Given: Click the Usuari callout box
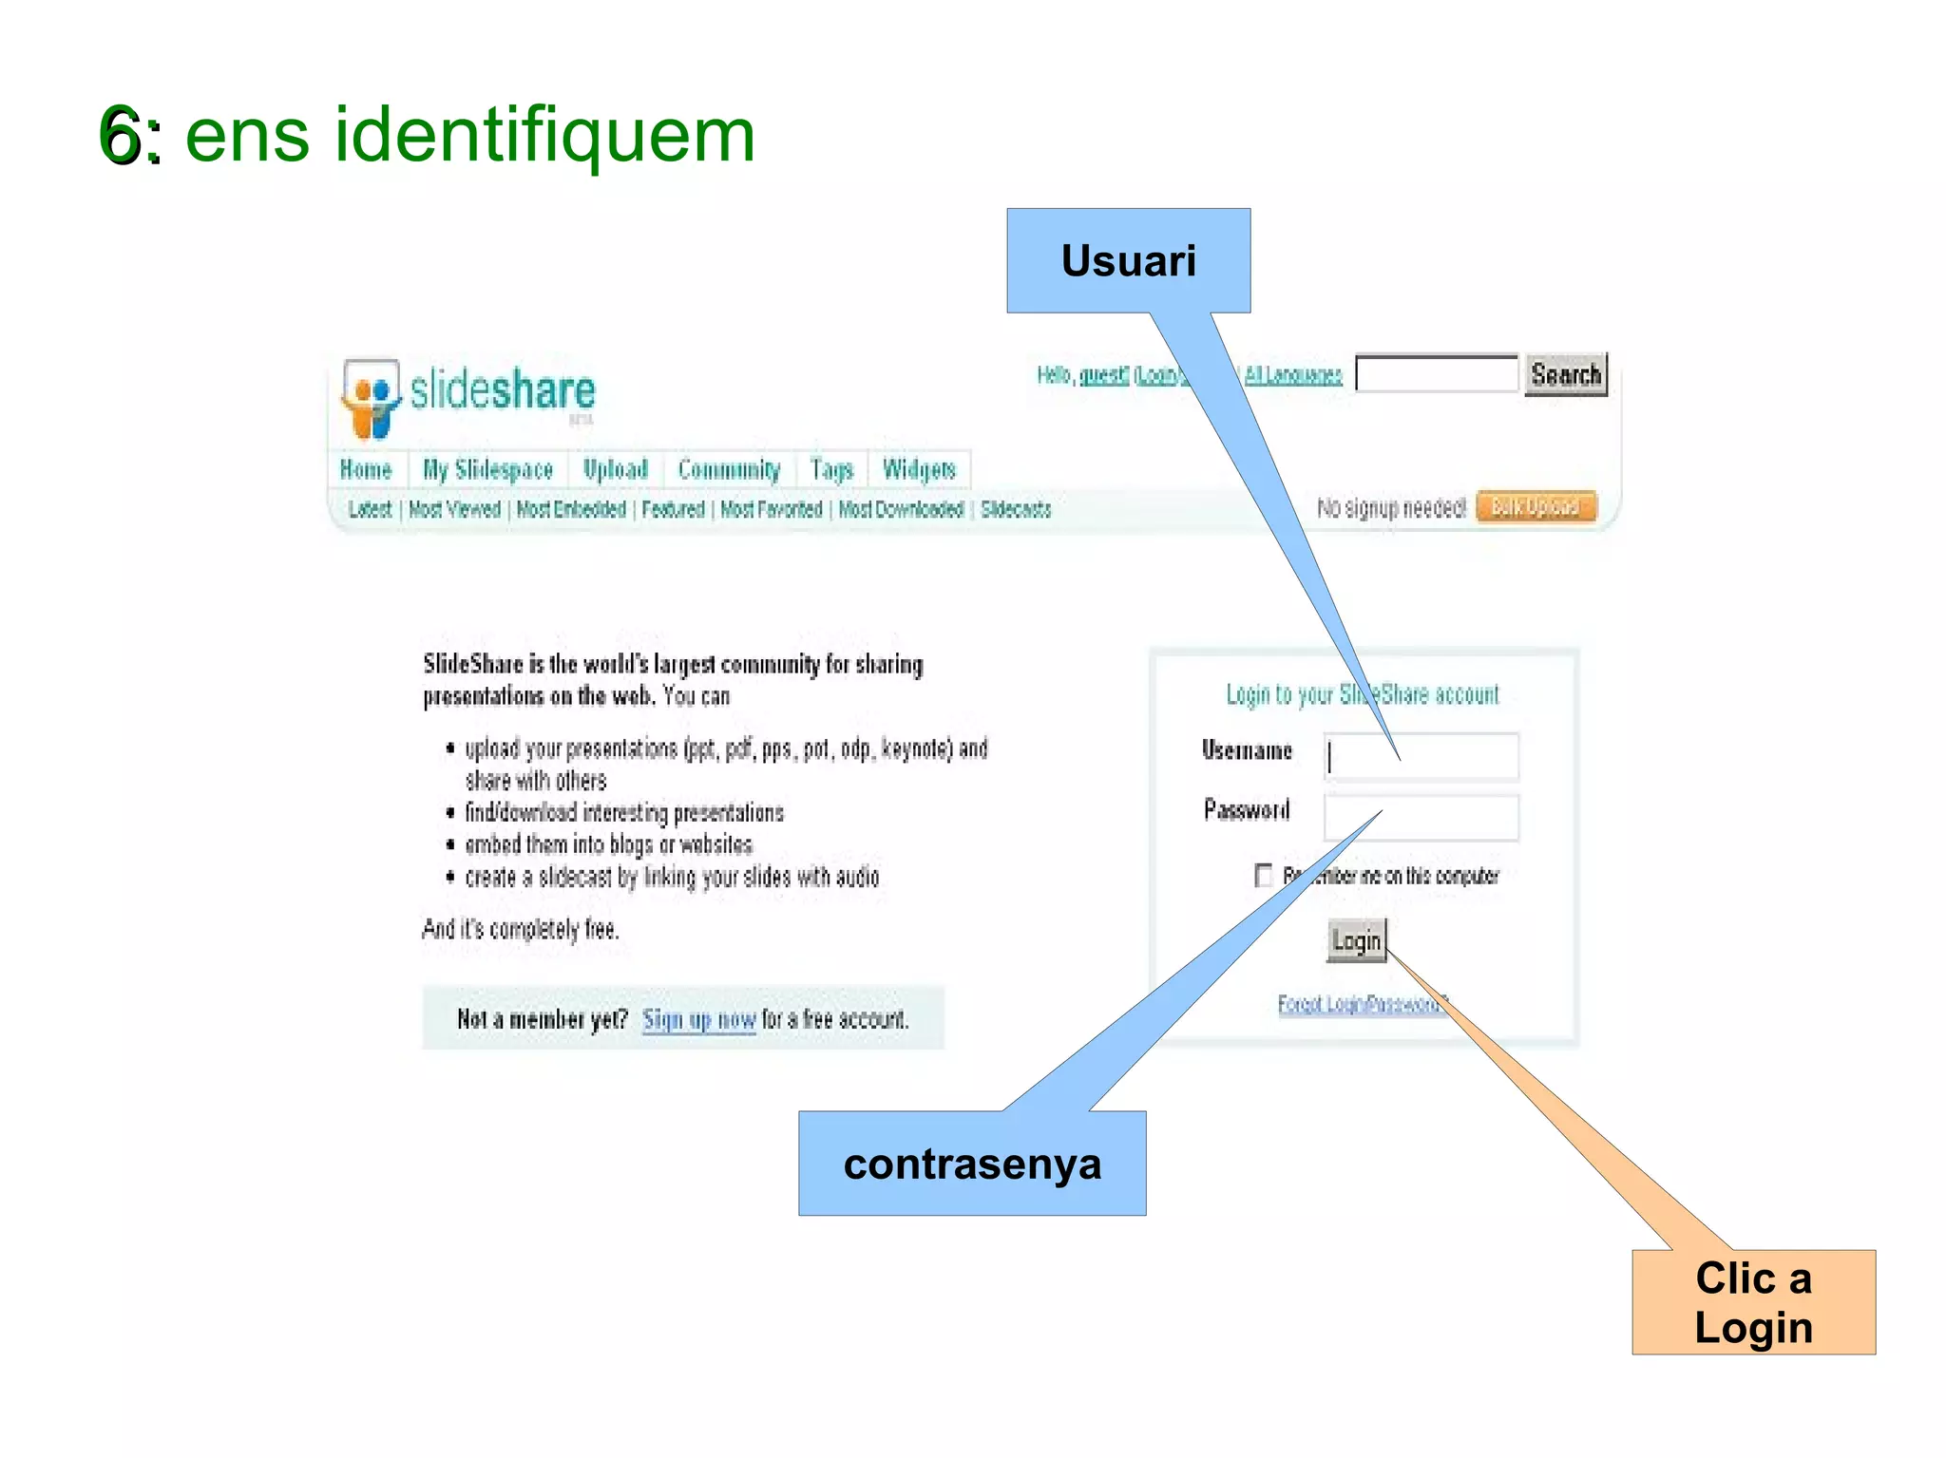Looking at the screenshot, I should point(1128,260).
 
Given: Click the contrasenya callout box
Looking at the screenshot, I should point(971,1163).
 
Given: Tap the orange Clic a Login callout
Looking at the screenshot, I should point(1753,1301).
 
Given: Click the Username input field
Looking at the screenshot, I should point(1421,757).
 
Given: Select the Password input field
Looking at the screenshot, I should point(1421,818).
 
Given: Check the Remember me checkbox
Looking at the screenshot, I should point(1263,875).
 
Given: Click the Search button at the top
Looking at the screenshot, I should point(1565,374).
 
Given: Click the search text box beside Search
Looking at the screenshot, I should point(1435,374).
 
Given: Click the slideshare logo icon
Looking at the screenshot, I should point(371,397).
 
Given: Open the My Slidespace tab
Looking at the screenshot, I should point(487,469).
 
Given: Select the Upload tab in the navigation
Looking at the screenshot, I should point(615,469).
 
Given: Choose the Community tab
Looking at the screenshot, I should point(729,469).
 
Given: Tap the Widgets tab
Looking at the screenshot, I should point(918,469).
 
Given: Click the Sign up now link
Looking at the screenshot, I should point(698,1020).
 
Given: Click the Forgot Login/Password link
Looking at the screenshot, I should point(1361,1004).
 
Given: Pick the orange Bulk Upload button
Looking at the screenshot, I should point(1536,506).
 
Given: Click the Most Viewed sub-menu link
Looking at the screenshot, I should point(454,510).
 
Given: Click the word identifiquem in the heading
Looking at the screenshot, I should point(544,136).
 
